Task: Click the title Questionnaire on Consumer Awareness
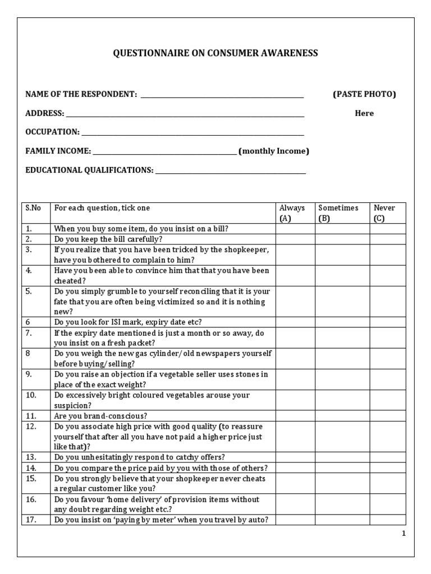pyautogui.click(x=216, y=53)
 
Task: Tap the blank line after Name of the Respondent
pyautogui.click(x=222, y=95)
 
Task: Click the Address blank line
pyautogui.click(x=185, y=114)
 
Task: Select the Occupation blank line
pyautogui.click(x=192, y=133)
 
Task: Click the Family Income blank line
pyautogui.click(x=164, y=152)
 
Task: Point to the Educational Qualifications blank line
pyautogui.click(x=230, y=171)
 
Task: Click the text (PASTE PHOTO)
pyautogui.click(x=364, y=94)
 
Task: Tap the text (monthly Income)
pyautogui.click(x=274, y=151)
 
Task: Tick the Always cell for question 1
pyautogui.click(x=295, y=229)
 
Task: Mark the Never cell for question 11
pyautogui.click(x=388, y=416)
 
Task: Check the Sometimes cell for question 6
pyautogui.click(x=342, y=322)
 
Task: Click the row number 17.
pyautogui.click(x=31, y=520)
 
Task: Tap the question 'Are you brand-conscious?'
pyautogui.click(x=100, y=416)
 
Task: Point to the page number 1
pyautogui.click(x=403, y=534)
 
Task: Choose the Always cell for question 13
pyautogui.click(x=295, y=457)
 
